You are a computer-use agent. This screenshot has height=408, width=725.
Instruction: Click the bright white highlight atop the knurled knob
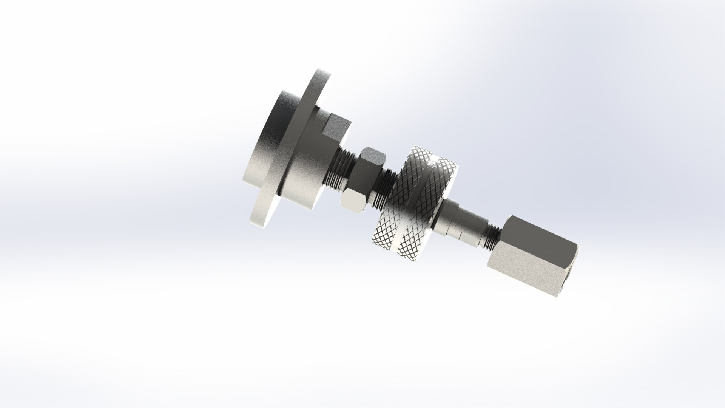[x=434, y=162]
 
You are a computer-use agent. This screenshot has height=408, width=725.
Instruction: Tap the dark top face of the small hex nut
[x=372, y=157]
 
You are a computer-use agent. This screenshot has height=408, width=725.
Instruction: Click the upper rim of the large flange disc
[x=319, y=81]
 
